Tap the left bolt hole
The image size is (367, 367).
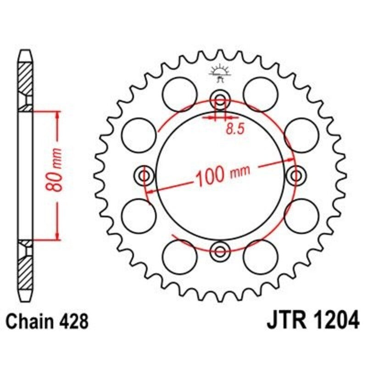coord(145,175)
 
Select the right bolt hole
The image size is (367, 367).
coord(296,175)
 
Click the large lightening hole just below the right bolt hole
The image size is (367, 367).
coord(301,215)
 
